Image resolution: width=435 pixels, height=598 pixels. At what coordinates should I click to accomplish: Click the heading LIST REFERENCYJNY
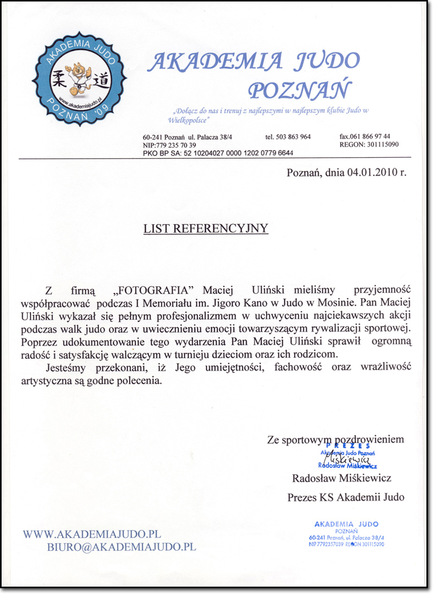(x=206, y=228)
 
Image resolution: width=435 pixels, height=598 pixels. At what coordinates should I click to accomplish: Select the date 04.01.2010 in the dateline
(x=367, y=173)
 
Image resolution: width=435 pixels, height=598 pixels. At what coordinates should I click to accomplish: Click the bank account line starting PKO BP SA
(x=218, y=153)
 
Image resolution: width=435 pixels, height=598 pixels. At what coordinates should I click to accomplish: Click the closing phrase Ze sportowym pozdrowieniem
(x=335, y=439)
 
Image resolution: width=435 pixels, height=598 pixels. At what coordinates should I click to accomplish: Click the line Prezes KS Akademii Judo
(x=345, y=496)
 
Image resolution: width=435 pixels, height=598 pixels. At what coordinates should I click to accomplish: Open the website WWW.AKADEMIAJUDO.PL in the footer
(x=91, y=534)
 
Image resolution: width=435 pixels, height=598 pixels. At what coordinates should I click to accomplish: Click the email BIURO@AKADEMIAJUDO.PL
(x=121, y=547)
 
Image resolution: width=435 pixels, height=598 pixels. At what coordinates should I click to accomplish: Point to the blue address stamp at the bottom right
(x=346, y=533)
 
